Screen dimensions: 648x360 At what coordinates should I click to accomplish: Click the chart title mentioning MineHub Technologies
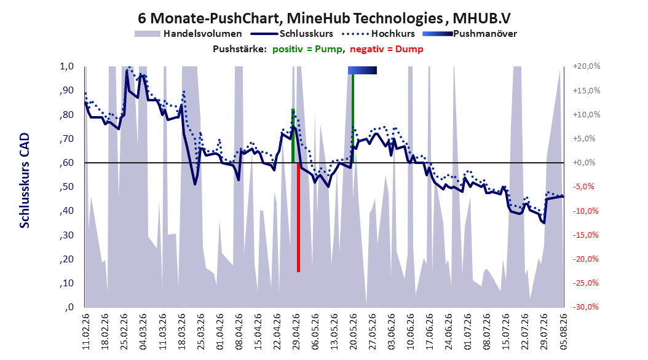(324, 18)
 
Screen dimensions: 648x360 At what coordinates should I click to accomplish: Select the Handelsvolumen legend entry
(188, 34)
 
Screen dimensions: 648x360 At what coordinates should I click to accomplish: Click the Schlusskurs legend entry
(292, 34)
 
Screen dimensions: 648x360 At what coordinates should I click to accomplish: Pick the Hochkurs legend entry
(378, 34)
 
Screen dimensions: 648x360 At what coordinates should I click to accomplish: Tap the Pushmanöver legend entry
(470, 34)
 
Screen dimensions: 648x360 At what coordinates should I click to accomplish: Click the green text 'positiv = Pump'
(307, 49)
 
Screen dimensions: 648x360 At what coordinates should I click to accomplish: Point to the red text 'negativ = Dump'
(387, 49)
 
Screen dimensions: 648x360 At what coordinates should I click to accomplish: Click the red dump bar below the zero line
(298, 217)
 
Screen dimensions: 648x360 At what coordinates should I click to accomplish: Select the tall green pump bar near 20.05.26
(353, 119)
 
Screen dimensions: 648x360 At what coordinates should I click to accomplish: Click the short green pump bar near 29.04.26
(293, 136)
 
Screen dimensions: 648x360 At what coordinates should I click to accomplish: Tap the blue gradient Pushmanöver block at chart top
(363, 70)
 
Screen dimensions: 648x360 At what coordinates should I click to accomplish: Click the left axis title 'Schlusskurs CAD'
(25, 181)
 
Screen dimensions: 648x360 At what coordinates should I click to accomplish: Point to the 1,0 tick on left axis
(67, 66)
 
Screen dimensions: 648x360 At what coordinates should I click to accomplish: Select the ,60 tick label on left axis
(66, 163)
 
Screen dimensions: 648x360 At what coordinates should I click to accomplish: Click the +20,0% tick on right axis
(587, 66)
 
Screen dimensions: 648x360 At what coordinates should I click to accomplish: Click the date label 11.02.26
(86, 332)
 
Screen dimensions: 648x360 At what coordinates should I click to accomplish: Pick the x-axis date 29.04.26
(296, 332)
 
